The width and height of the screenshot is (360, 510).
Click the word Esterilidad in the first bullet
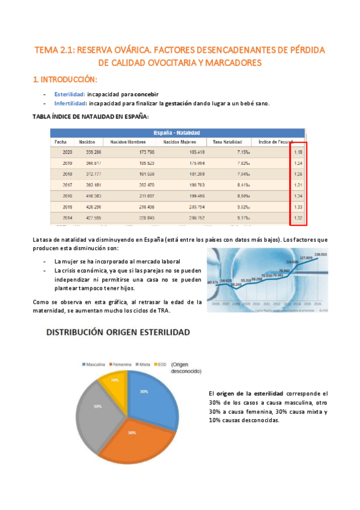[69, 94]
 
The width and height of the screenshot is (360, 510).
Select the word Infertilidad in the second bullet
[70, 103]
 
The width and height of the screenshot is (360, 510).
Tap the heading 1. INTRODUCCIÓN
[65, 79]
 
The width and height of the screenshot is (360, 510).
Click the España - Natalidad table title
[177, 132]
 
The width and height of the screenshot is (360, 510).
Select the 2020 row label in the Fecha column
[67, 152]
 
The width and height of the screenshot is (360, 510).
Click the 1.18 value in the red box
[299, 152]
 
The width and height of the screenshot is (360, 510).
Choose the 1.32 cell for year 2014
[299, 217]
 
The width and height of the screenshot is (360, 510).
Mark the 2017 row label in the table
[67, 185]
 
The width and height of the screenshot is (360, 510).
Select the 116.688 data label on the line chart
[292, 262]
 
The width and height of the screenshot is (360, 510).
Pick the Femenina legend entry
[123, 364]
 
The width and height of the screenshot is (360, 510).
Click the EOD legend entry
[161, 364]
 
